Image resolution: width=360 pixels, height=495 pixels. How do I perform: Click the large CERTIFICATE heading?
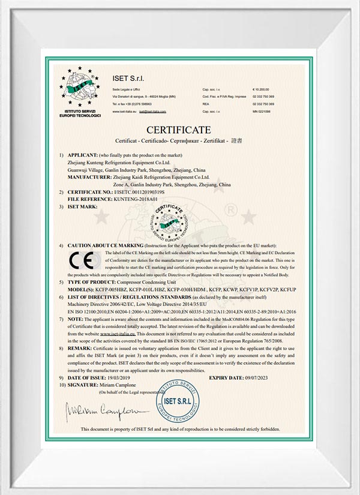pyautogui.click(x=179, y=130)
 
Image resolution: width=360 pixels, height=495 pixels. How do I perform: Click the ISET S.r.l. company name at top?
pyautogui.click(x=128, y=79)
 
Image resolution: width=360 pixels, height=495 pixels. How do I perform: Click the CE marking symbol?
pyautogui.click(x=80, y=261)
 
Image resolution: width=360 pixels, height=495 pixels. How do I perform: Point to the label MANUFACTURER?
pyautogui.click(x=91, y=177)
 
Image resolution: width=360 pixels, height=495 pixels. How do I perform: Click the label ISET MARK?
pyautogui.click(x=83, y=206)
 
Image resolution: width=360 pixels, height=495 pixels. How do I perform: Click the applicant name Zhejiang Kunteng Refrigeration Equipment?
pyautogui.click(x=119, y=162)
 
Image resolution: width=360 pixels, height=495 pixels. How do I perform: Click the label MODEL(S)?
pyautogui.click(x=80, y=289)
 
